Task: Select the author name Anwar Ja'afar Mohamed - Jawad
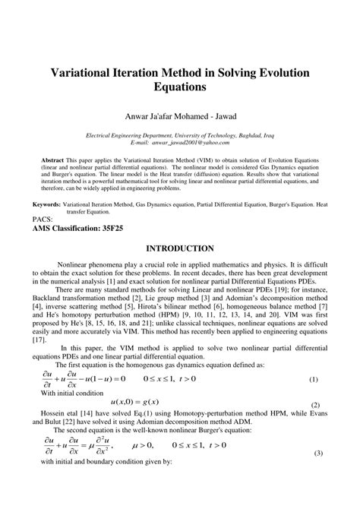(x=180, y=116)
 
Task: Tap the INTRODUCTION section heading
(x=180, y=248)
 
